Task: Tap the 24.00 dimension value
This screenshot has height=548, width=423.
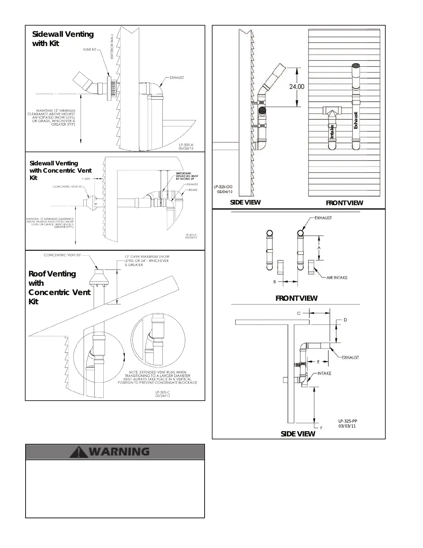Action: point(297,86)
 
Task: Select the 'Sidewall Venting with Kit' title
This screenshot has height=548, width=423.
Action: point(63,39)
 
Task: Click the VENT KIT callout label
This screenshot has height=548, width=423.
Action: point(90,49)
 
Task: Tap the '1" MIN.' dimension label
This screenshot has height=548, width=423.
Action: point(86,179)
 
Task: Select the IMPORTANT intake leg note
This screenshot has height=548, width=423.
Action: point(187,176)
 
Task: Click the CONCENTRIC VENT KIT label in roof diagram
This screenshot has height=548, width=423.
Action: point(62,255)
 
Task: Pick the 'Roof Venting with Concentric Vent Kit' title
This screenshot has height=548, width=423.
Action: point(59,287)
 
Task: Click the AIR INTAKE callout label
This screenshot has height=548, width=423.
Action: point(337,277)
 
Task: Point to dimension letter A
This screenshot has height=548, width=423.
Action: point(319,248)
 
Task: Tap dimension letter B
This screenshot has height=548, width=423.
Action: point(275,282)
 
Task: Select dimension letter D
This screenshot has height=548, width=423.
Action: point(345,320)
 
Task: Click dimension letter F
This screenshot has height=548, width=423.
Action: point(321,428)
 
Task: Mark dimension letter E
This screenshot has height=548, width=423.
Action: point(318,362)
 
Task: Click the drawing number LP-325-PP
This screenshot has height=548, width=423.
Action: point(348,421)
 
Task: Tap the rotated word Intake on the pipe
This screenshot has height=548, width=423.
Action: point(332,132)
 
